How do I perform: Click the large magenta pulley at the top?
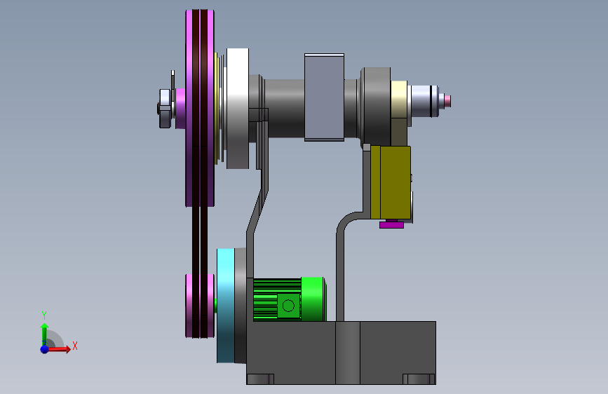tap(200, 108)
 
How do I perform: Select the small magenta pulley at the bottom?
tap(200, 306)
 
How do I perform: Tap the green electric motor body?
tap(289, 299)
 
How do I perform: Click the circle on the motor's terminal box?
tap(288, 306)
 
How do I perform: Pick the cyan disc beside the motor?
tap(226, 306)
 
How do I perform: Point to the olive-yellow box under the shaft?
tap(391, 182)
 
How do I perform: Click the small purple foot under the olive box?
tap(391, 224)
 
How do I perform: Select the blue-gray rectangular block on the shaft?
tap(324, 97)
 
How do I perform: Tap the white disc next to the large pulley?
tap(237, 108)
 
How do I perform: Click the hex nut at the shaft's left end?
tap(165, 108)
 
